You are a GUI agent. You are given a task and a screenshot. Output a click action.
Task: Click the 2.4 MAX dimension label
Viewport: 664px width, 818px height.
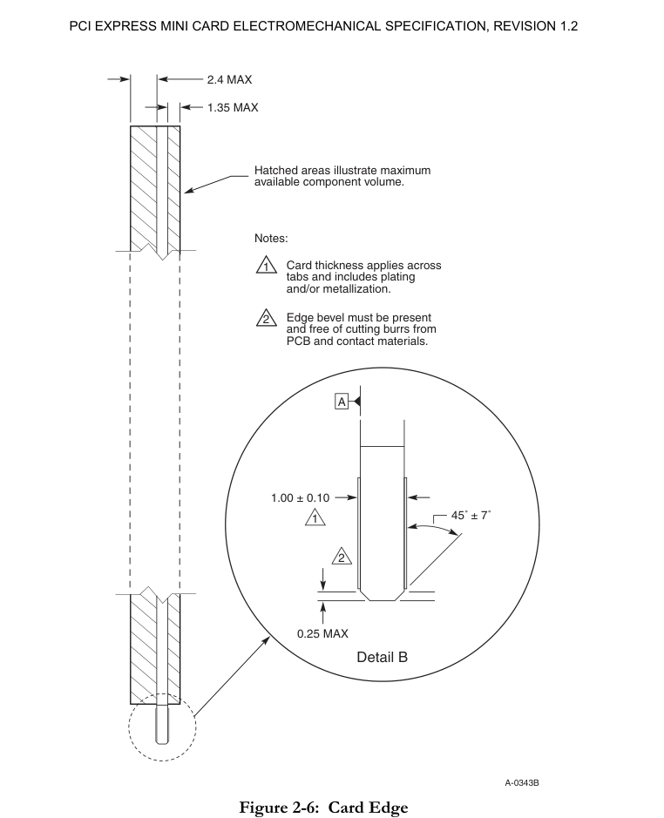click(229, 79)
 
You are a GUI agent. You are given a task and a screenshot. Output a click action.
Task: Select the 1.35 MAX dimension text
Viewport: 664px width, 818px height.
click(233, 108)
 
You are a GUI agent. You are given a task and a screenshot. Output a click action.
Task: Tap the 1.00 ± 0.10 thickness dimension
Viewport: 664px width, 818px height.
click(301, 498)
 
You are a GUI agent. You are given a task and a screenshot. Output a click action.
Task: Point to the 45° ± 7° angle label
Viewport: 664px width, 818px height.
click(471, 516)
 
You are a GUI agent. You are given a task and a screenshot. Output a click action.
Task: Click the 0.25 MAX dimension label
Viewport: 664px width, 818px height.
click(322, 633)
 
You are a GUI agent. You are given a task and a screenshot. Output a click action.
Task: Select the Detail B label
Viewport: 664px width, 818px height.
click(382, 657)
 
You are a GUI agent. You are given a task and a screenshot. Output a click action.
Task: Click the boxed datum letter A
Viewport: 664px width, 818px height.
click(342, 402)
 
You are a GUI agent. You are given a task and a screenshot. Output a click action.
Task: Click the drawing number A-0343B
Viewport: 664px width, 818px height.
click(522, 783)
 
